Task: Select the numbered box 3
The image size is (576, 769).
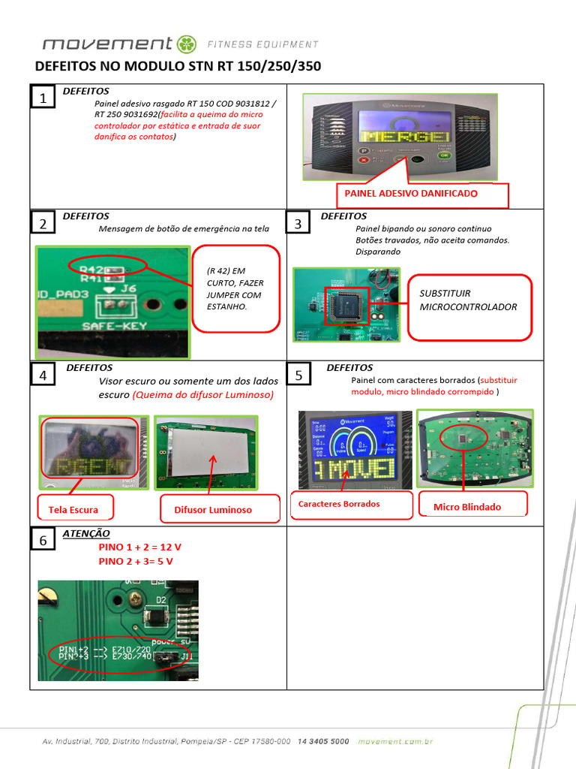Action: pyautogui.click(x=298, y=224)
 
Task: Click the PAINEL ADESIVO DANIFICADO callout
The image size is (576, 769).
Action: pyautogui.click(x=411, y=194)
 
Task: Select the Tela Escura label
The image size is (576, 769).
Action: pyautogui.click(x=73, y=509)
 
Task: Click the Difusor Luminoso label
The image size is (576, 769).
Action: pyautogui.click(x=213, y=510)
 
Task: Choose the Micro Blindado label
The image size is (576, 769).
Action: pyautogui.click(x=467, y=507)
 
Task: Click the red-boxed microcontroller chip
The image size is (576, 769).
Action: pyautogui.click(x=346, y=304)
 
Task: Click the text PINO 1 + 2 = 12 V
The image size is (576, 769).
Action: pyautogui.click(x=140, y=547)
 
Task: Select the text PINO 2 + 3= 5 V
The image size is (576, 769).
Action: pyautogui.click(x=139, y=561)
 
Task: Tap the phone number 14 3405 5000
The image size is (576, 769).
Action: pyautogui.click(x=323, y=741)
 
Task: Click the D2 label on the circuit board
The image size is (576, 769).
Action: pyautogui.click(x=160, y=599)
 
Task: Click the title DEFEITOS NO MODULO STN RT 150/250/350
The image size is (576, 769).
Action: pyautogui.click(x=178, y=66)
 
